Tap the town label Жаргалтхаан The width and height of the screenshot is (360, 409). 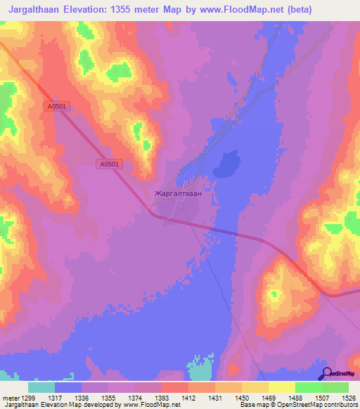click(x=177, y=191)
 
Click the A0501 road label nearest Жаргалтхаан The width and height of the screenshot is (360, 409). click(x=109, y=164)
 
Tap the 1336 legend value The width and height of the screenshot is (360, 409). click(x=82, y=397)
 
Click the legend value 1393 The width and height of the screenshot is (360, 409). click(x=162, y=397)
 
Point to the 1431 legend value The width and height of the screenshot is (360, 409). click(x=215, y=397)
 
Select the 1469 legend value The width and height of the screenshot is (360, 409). click(x=269, y=397)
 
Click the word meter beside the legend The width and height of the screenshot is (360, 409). click(x=10, y=397)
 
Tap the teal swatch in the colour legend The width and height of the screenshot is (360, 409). click(x=41, y=387)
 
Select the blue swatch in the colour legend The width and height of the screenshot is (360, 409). click(x=68, y=387)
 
